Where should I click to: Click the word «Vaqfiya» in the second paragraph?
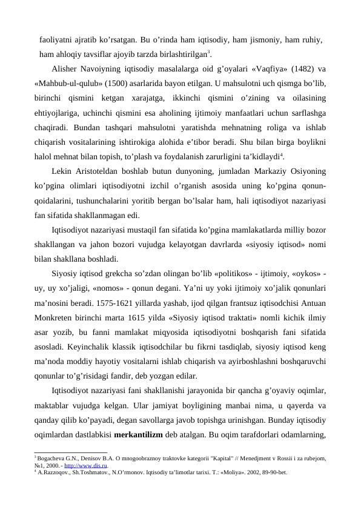click(x=262, y=68)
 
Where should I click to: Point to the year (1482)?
click(x=300, y=68)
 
